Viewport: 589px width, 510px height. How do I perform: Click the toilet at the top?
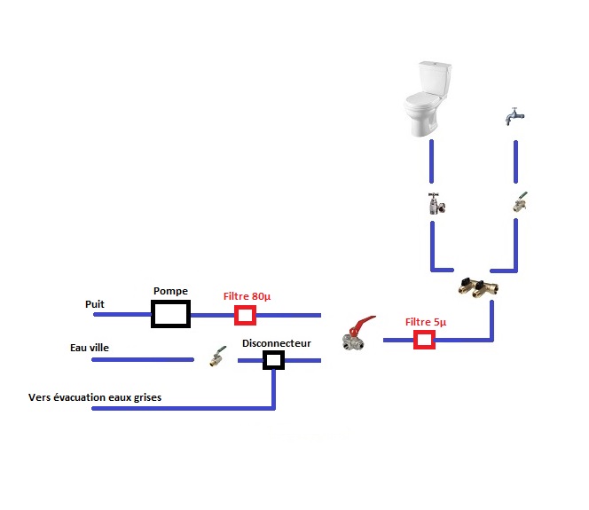coord(428,99)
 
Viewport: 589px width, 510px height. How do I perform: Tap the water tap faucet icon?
coord(513,117)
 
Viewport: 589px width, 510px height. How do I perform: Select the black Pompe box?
coord(170,313)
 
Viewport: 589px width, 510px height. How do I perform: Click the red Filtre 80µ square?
coord(245,315)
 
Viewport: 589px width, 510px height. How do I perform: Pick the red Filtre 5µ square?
coord(426,340)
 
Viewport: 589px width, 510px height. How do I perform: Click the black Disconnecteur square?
coord(273,359)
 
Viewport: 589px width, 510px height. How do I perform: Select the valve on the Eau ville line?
coord(216,359)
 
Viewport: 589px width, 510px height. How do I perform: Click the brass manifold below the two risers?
coord(477,287)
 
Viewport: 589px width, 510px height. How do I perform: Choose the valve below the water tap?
coord(519,204)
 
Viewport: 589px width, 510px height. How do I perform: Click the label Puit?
coord(95,304)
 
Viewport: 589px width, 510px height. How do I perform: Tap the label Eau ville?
coord(90,349)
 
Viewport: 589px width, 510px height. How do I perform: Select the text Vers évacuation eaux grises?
coord(95,397)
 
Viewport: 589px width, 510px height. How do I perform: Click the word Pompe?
coord(170,290)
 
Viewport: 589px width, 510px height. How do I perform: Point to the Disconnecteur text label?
coord(276,342)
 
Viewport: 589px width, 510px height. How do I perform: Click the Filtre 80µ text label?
coord(247,296)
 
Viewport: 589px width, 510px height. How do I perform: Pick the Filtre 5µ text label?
coord(426,322)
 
